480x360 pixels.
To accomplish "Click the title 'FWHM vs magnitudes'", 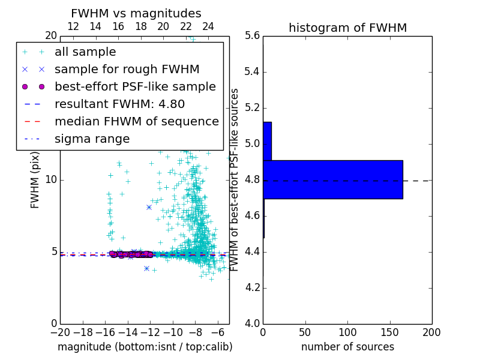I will [x=136, y=13].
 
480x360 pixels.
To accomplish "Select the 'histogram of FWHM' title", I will [x=347, y=28].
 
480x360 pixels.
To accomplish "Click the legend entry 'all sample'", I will [x=85, y=52].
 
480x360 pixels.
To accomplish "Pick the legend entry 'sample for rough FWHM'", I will [x=127, y=70].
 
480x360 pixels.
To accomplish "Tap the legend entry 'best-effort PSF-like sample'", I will [x=135, y=86].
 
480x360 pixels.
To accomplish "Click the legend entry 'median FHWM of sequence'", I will [x=137, y=121].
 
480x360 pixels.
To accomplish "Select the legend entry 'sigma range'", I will [x=92, y=139].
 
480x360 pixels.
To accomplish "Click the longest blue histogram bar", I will [x=332, y=179].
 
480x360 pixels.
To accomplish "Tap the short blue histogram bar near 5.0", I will [x=267, y=141].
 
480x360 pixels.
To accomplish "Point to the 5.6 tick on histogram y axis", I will [x=253, y=36].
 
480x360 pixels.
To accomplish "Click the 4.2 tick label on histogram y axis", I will [x=253, y=287].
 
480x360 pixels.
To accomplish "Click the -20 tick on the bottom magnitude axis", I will [x=60, y=332].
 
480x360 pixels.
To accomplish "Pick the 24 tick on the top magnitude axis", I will [x=208, y=26].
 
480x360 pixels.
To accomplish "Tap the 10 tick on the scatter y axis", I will [x=51, y=179].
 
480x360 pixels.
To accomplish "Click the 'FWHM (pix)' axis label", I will [x=35, y=180].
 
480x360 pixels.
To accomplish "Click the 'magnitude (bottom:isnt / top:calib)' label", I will [x=145, y=347].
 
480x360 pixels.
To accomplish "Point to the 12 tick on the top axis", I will [x=73, y=26].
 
